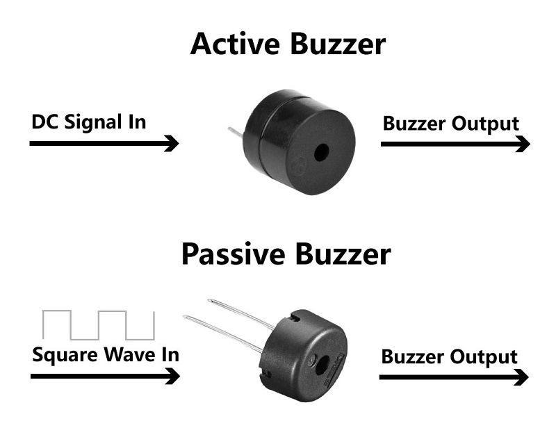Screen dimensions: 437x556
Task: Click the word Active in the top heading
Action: point(234,44)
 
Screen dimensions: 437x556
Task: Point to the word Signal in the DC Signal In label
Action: point(92,123)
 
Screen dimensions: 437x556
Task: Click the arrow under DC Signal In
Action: point(104,144)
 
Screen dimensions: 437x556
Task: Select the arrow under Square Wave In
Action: point(105,377)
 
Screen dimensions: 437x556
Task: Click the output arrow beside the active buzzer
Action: point(455,145)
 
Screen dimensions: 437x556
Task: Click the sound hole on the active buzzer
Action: point(320,151)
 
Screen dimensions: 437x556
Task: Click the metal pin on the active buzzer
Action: point(233,130)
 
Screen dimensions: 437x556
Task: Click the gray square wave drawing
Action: point(98,324)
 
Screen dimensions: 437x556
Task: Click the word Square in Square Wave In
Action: point(66,356)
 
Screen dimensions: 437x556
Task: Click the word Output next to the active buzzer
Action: point(485,124)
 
